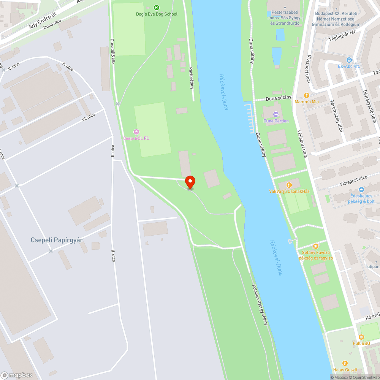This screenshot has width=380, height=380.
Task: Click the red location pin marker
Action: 190,182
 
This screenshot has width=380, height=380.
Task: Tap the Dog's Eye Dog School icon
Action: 157,7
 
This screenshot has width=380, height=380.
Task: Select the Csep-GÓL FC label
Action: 136,138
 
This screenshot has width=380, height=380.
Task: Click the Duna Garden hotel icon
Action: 276,114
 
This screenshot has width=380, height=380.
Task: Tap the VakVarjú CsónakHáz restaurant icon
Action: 289,185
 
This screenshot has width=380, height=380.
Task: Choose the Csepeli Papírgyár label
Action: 57,240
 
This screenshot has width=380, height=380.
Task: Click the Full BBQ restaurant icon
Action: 361,337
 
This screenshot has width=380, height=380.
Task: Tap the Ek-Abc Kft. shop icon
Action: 349,60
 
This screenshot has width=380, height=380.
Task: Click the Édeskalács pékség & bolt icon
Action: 361,190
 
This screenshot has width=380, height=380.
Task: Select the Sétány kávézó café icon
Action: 315,246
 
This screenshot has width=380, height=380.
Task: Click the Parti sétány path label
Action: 192,78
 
